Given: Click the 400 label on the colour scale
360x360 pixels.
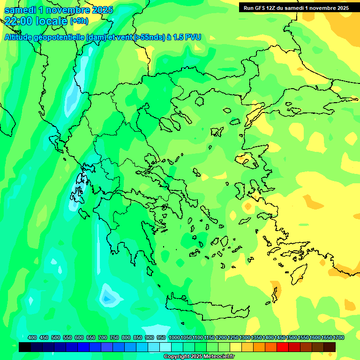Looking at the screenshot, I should pos(32,337).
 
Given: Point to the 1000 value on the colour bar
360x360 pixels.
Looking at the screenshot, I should pos(174,337).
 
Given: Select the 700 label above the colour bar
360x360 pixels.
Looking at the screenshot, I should pos(103,337).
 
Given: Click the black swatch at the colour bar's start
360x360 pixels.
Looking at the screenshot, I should pos(25,347).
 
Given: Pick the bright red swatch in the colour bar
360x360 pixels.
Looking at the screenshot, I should pos(282,347).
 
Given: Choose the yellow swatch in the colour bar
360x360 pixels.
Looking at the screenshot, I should pos(236,347).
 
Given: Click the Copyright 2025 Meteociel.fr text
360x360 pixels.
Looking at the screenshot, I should pos(199,357).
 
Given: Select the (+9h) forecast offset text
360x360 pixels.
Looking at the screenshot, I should pos(79,21).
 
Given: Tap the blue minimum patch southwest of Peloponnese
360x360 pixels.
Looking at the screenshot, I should pos(108,296).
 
